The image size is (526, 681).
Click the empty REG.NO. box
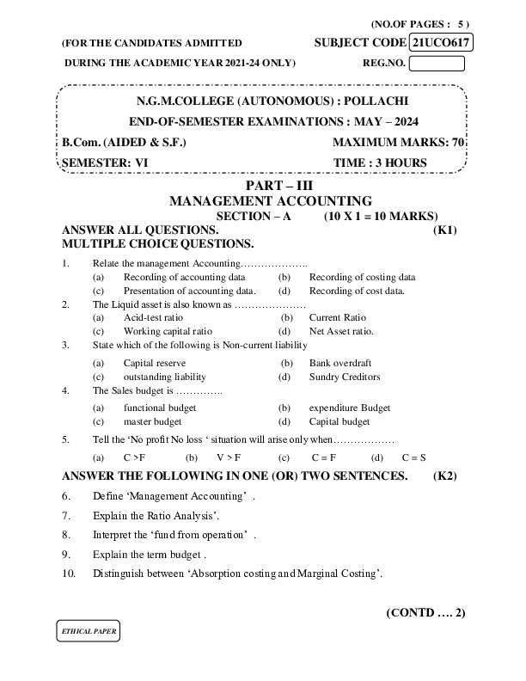[437, 63]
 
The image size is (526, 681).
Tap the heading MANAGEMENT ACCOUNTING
[264, 200]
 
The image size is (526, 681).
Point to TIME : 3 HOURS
[379, 162]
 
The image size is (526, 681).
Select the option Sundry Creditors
[344, 377]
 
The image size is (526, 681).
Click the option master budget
[152, 422]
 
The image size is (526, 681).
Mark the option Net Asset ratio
[341, 330]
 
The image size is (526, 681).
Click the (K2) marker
[444, 475]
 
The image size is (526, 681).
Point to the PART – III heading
[264, 186]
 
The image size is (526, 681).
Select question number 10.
[70, 574]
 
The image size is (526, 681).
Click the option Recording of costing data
[362, 278]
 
